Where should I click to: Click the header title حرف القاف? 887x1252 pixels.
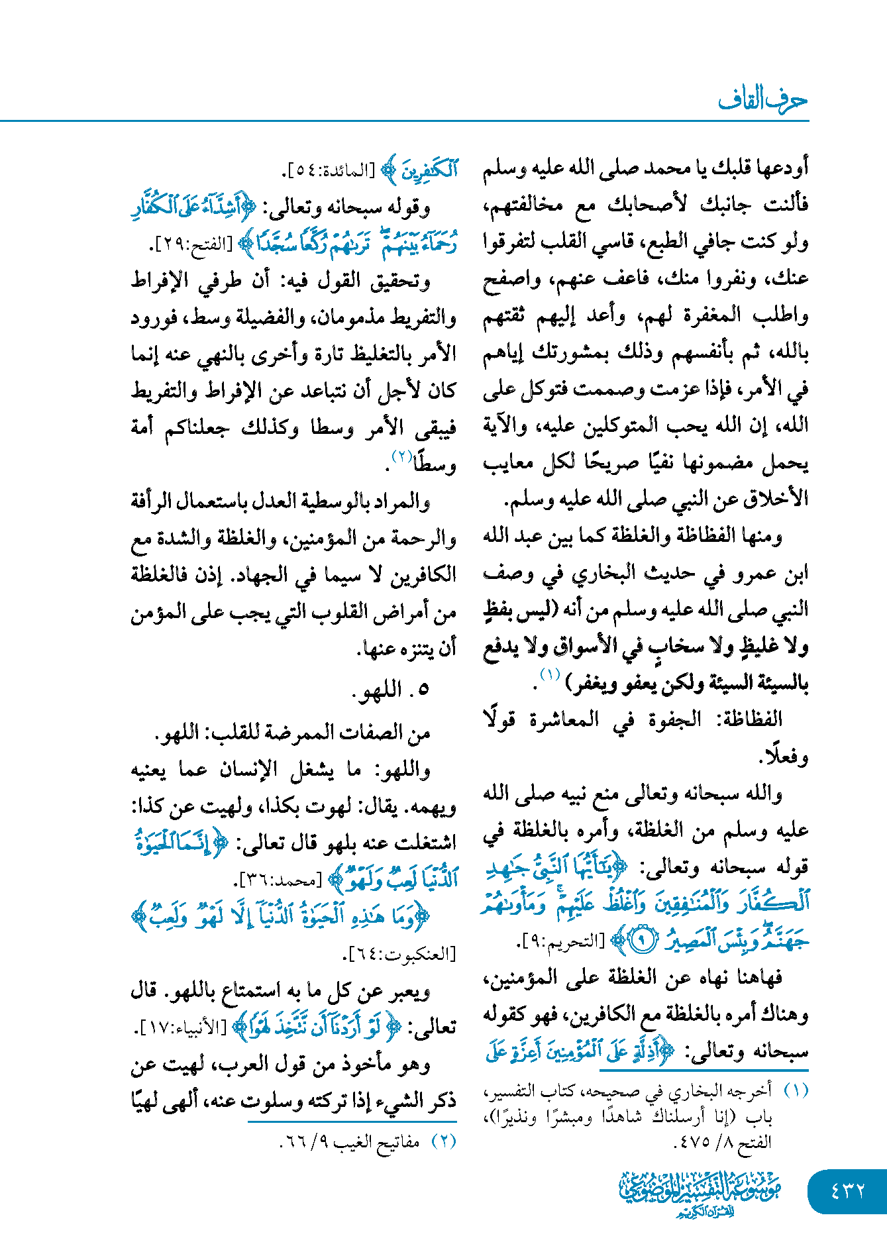[x=762, y=100]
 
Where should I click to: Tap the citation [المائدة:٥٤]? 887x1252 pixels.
[x=331, y=171]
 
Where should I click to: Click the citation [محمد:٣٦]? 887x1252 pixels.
[x=277, y=880]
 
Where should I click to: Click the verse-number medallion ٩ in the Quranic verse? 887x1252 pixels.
[x=641, y=940]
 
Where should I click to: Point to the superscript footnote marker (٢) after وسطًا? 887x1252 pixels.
[x=402, y=456]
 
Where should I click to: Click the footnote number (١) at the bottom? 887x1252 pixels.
[x=796, y=1090]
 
